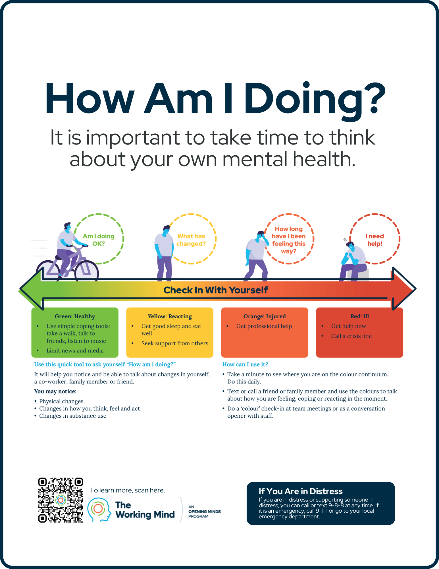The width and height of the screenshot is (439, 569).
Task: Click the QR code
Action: (x=61, y=500)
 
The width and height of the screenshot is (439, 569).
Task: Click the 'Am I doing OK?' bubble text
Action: (x=99, y=240)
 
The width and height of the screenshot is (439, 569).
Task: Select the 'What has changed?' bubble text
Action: (x=191, y=240)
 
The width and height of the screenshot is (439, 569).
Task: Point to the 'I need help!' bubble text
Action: (x=374, y=240)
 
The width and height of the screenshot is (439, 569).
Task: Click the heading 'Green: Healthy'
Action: (x=75, y=316)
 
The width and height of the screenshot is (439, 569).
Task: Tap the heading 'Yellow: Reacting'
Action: (x=170, y=316)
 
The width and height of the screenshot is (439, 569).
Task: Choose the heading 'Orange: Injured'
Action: (x=265, y=316)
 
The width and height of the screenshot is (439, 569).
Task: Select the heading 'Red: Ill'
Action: (x=360, y=316)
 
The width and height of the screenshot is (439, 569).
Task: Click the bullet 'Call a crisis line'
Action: (x=351, y=336)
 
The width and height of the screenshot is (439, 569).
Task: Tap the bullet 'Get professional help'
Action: (x=264, y=326)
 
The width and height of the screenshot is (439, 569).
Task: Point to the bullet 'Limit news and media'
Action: (x=75, y=351)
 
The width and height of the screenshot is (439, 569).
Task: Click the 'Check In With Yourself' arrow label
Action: (x=216, y=290)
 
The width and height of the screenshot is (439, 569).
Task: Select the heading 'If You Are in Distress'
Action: (x=301, y=491)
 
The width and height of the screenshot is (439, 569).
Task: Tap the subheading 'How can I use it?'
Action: (x=245, y=364)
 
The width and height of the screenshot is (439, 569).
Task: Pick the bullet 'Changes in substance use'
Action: (x=73, y=416)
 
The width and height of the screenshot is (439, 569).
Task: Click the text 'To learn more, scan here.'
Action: (x=127, y=490)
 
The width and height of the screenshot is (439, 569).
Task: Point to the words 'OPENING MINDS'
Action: (x=205, y=512)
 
